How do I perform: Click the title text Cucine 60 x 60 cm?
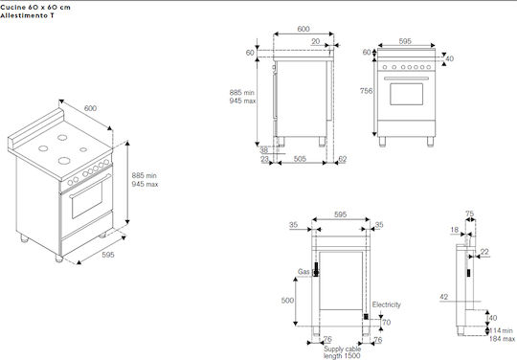35,7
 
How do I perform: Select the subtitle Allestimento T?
27,15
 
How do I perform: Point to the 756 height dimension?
366,91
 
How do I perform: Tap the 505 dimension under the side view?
300,159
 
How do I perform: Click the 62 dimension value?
343,159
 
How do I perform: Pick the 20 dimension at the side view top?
316,41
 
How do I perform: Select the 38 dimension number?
264,150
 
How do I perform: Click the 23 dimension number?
264,159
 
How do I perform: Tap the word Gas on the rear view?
303,272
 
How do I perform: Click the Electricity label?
387,304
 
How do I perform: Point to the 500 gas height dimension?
287,301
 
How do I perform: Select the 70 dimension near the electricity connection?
387,322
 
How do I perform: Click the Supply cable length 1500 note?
342,352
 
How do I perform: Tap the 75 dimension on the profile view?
470,214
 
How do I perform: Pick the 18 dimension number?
455,230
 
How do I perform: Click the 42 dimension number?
444,297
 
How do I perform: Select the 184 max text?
502,339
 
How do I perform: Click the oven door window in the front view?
406,94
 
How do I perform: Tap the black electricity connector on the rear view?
366,317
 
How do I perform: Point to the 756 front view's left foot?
382,142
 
